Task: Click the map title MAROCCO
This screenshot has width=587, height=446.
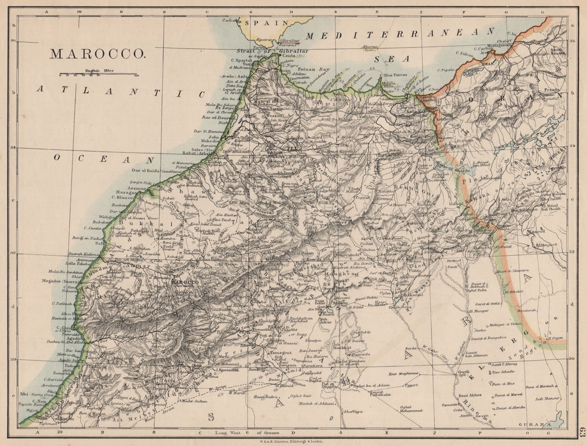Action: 97,54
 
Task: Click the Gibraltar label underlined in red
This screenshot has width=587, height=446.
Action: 290,41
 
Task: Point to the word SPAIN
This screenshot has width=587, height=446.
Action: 272,23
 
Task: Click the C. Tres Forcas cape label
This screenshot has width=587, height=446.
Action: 395,75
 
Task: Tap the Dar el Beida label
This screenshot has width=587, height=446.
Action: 146,171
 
